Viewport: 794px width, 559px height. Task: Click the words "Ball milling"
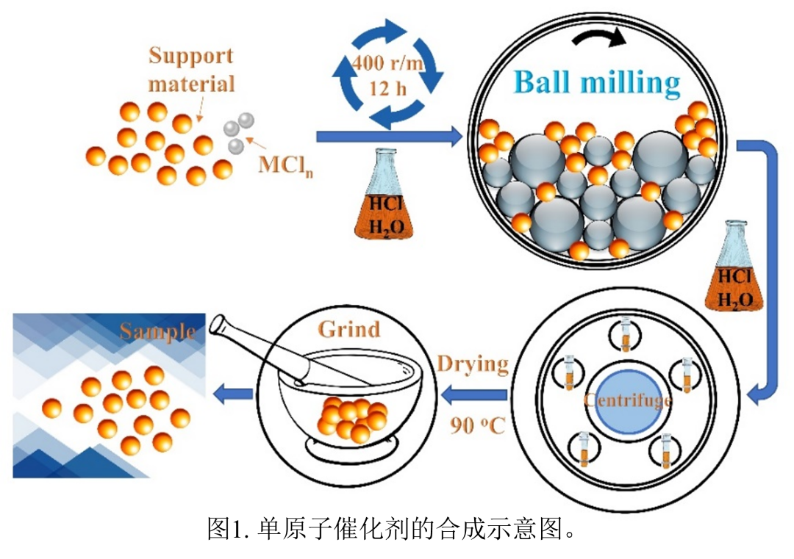click(x=597, y=82)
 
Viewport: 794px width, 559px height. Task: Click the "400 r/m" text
click(x=387, y=63)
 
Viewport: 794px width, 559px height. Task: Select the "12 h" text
click(x=387, y=89)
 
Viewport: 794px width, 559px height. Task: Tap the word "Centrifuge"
click(x=626, y=400)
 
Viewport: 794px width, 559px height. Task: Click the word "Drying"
click(x=472, y=364)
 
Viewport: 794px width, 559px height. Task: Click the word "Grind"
click(x=349, y=328)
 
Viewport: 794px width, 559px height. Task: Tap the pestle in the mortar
click(x=265, y=349)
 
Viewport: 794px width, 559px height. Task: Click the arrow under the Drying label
click(x=474, y=396)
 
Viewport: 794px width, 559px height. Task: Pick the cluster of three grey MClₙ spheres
click(x=238, y=133)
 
